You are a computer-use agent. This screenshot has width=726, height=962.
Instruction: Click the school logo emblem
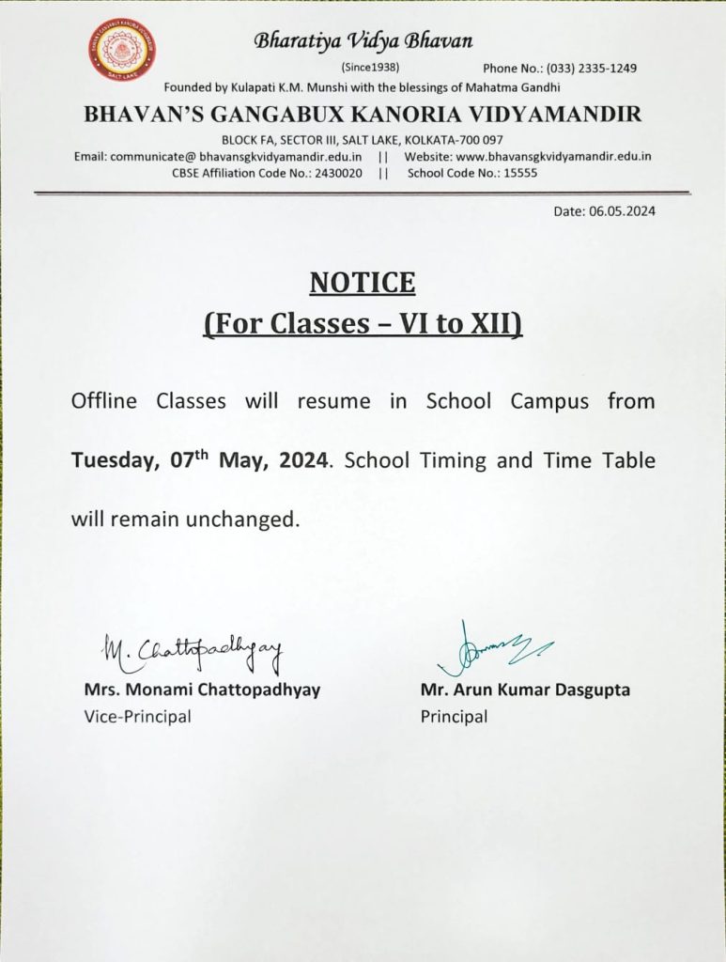122,50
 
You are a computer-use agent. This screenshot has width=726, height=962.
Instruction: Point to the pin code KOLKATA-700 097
457,140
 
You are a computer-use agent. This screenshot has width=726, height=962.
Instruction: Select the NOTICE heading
363,282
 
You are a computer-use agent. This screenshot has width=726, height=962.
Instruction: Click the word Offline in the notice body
104,401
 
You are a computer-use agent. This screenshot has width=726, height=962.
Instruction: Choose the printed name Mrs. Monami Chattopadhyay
202,690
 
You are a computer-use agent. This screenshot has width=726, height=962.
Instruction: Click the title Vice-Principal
137,717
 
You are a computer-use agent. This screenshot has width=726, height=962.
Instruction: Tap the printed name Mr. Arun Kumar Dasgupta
525,690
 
